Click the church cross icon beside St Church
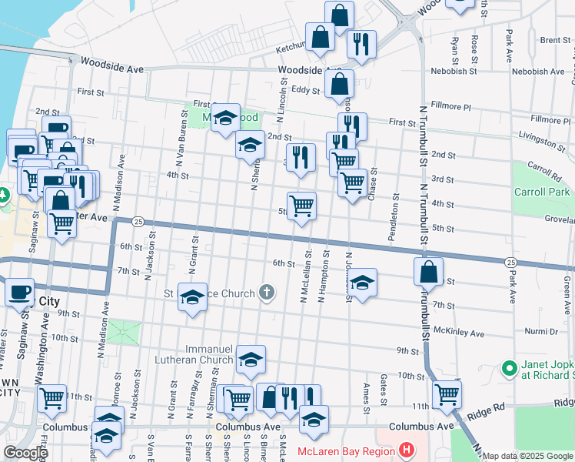[x=267, y=293]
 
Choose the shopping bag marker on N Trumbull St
[x=428, y=271]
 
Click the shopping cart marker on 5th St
[x=301, y=206]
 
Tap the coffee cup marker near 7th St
[x=19, y=292]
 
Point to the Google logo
[x=26, y=452]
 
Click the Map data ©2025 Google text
[x=527, y=456]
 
